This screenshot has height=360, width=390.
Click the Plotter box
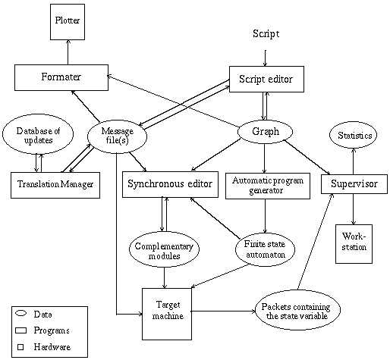point(68,22)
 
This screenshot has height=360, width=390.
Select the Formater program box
point(61,77)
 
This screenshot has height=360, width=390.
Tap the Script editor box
point(266,79)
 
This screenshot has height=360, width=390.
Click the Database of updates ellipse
point(38,134)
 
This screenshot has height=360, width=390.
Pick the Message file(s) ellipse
point(117,136)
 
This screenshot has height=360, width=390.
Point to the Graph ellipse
point(265,132)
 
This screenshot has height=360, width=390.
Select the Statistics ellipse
point(353,136)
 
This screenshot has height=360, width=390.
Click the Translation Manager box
point(55,185)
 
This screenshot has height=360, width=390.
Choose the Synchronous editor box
point(170,184)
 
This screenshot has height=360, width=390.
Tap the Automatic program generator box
point(268,186)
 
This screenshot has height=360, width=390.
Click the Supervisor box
point(354,184)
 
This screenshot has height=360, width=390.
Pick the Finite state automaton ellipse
point(265,249)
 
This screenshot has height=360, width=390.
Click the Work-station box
point(354,244)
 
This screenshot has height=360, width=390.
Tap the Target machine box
point(167,314)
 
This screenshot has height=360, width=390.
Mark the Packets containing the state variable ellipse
point(297,310)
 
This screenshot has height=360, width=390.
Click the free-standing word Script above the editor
point(266,33)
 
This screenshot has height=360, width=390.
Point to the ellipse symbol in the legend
point(20,314)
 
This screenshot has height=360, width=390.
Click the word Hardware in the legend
point(52,347)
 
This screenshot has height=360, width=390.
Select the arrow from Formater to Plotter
point(68,52)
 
